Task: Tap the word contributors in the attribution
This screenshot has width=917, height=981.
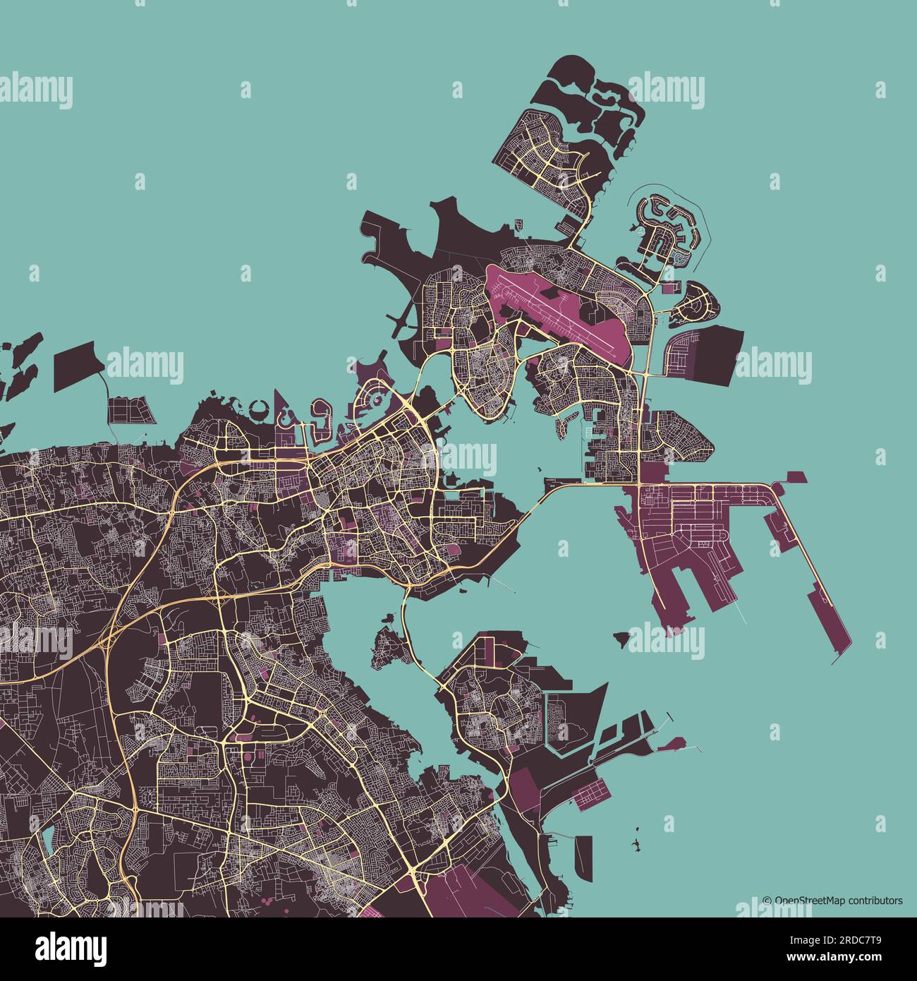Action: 875,901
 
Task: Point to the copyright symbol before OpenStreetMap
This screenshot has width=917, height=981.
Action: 767,901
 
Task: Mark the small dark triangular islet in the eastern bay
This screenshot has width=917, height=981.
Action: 621,639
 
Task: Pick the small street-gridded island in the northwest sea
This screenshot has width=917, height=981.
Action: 130,410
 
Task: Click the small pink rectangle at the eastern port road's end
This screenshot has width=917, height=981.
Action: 796,476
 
